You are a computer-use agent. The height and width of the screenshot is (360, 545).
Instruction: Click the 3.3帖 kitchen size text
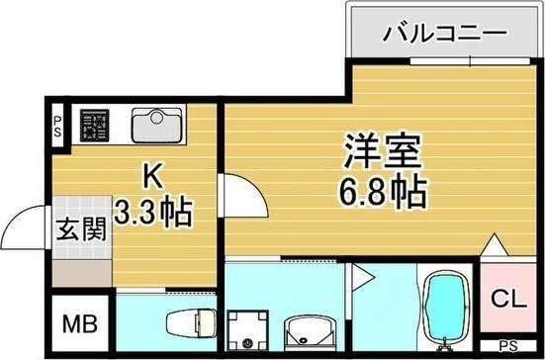152,211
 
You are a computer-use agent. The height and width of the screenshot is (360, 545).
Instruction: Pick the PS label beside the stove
57,125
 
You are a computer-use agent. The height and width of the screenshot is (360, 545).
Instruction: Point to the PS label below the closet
507,346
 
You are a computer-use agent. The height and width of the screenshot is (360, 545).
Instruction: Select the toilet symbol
188,323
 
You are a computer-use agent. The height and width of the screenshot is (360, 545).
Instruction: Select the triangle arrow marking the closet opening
494,245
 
